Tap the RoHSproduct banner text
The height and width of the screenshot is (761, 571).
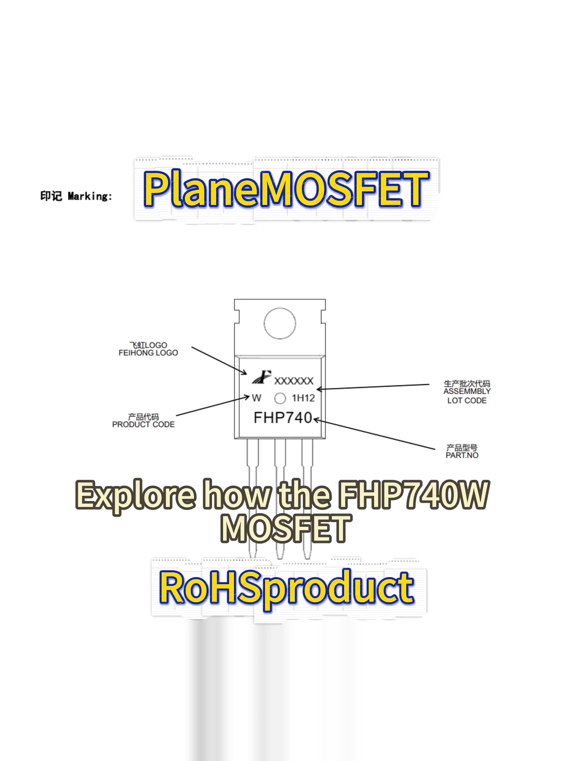(286, 589)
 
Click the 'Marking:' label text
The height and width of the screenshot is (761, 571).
(90, 196)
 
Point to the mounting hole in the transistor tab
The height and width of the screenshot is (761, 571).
(280, 323)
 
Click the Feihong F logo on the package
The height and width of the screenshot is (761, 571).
(262, 377)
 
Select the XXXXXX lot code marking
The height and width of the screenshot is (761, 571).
(294, 381)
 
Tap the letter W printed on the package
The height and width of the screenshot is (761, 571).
(256, 398)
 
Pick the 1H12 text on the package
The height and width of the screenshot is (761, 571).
(303, 398)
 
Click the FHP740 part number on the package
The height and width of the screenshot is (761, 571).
(283, 418)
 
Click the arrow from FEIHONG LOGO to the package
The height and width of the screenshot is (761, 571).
(219, 361)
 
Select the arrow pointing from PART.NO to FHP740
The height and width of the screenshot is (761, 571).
(374, 434)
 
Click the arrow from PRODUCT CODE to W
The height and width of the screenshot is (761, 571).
(213, 406)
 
